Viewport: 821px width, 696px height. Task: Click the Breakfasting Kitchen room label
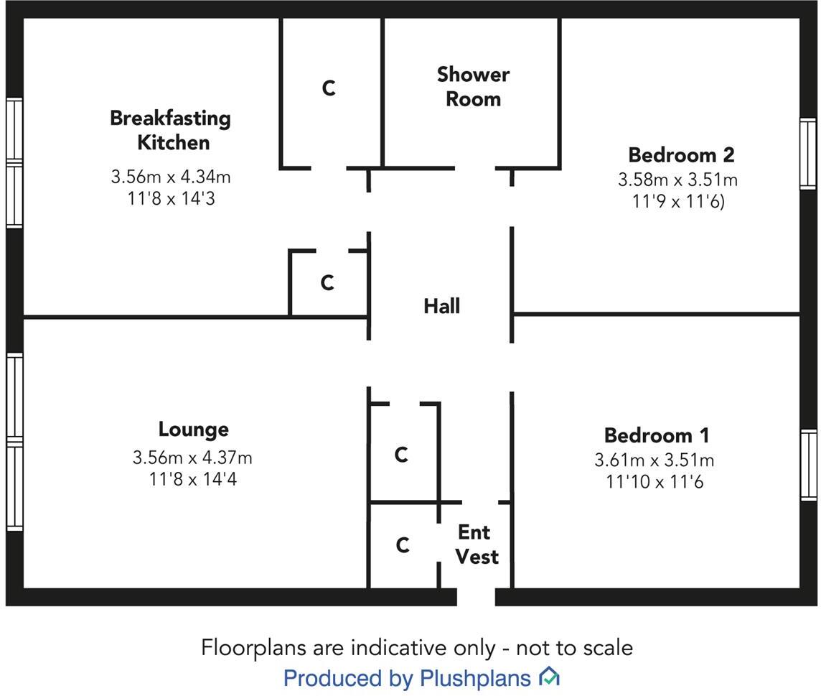click(x=170, y=130)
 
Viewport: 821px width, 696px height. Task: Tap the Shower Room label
click(x=473, y=86)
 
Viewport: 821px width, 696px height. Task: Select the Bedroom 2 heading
click(x=681, y=154)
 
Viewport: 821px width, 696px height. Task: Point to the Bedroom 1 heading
click(x=657, y=435)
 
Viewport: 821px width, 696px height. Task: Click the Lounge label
click(x=193, y=430)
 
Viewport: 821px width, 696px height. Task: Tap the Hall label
click(x=441, y=306)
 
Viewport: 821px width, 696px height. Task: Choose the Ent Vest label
click(x=477, y=544)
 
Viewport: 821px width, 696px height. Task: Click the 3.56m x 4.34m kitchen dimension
click(x=170, y=177)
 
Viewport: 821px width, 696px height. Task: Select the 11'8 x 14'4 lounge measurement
click(x=193, y=479)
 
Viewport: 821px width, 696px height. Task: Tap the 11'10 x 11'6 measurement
click(x=655, y=482)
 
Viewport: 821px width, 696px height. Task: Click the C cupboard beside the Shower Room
click(x=329, y=88)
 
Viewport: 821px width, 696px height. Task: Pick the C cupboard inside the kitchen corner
click(x=327, y=283)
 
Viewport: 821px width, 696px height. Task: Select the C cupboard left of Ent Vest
click(x=403, y=546)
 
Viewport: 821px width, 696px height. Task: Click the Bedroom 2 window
click(x=808, y=154)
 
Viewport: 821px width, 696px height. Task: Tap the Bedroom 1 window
click(x=808, y=464)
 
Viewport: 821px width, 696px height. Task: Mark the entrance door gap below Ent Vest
click(x=476, y=597)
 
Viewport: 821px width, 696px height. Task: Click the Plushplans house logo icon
click(x=549, y=677)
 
